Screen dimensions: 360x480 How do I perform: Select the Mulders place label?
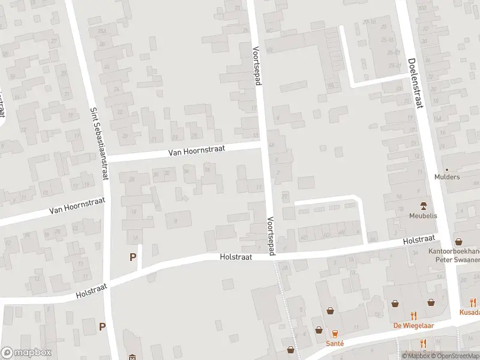point(447,177)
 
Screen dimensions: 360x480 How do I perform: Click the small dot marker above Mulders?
point(447,169)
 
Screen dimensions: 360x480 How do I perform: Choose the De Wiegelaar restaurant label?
point(413,326)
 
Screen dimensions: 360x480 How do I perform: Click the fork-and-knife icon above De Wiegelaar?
point(413,316)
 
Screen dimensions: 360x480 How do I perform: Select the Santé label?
point(335,343)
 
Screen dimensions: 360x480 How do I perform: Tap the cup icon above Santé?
point(335,333)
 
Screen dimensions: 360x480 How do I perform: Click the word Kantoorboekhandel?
point(454,251)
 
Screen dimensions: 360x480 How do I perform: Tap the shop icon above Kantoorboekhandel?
point(458,241)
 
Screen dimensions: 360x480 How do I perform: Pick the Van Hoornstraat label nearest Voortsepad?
point(196,151)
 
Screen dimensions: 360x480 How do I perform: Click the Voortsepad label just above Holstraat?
point(271,236)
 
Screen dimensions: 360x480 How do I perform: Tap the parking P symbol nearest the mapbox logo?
point(102,327)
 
